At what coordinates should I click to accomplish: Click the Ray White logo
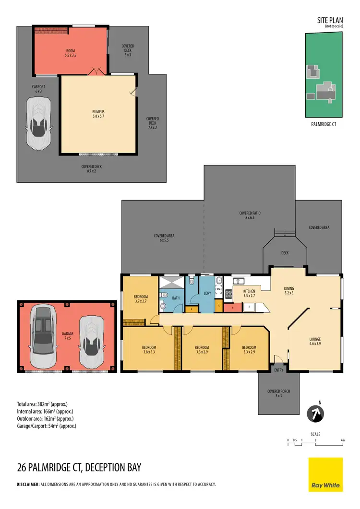coord(325,474)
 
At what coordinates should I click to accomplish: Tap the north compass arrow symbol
coord(315,414)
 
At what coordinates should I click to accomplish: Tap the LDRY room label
coord(207,293)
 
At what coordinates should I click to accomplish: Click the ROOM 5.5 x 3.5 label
coord(71,52)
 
